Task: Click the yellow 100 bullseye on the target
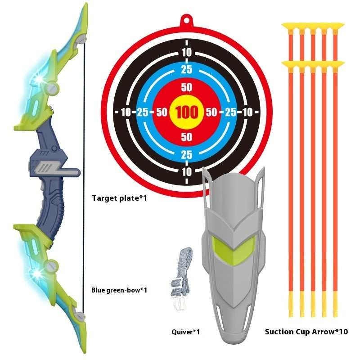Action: point(186,112)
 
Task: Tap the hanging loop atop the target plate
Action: point(186,21)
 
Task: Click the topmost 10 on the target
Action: point(187,53)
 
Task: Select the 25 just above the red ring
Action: point(186,70)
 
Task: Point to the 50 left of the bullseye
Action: point(162,112)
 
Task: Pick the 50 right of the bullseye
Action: point(211,112)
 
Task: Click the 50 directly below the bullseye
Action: point(186,137)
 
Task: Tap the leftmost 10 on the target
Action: point(126,112)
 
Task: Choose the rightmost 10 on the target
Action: point(247,112)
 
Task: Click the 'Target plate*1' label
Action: point(119,198)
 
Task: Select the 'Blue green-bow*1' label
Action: point(119,290)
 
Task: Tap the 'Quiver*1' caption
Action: point(185,332)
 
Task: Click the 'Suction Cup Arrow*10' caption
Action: point(306,332)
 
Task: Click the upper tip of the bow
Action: point(86,4)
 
